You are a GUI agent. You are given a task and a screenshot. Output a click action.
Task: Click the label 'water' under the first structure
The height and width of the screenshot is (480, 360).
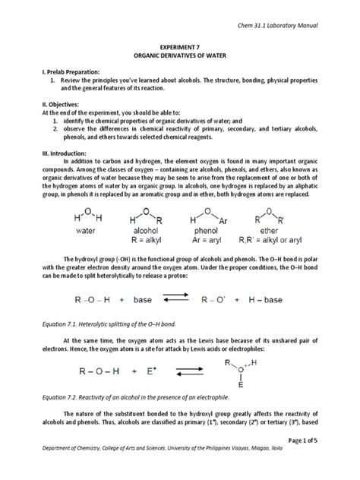[x=89, y=228]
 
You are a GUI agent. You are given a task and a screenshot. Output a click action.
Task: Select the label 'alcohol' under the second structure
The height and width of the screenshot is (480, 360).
[x=147, y=228]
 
